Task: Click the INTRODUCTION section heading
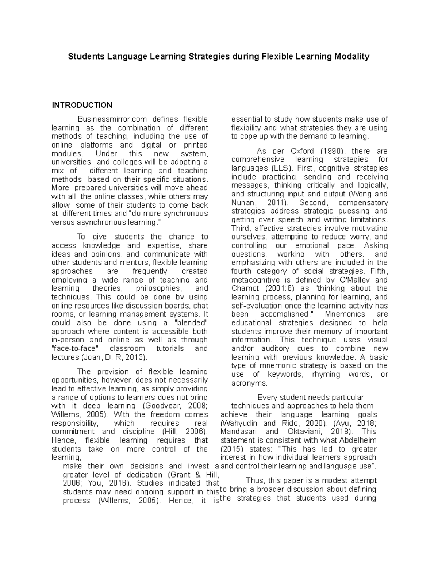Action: point(82,105)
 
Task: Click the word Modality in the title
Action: point(351,57)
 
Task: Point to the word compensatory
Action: point(363,203)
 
